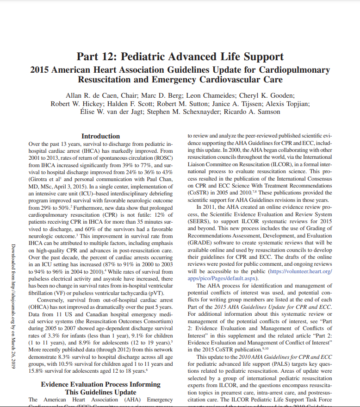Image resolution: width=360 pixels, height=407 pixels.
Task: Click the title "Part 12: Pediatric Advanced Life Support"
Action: pyautogui.click(x=180, y=57)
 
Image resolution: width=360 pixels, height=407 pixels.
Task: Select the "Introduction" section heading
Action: pyautogui.click(x=100, y=136)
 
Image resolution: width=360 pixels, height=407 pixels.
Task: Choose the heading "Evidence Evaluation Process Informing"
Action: pyautogui.click(x=100, y=384)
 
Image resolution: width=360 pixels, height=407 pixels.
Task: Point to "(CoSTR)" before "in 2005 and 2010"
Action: pyautogui.click(x=199, y=192)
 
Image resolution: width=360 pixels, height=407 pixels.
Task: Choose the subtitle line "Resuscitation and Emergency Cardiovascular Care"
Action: pyautogui.click(x=180, y=80)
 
